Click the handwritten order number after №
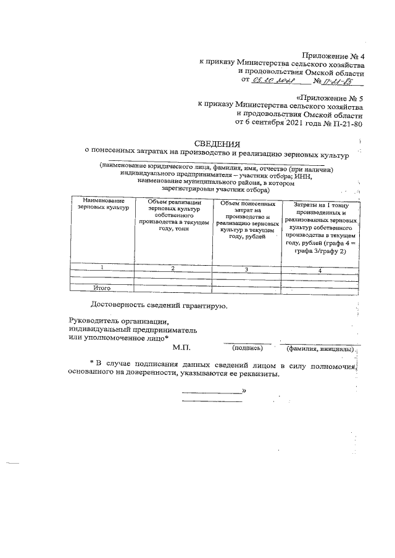pos(341,80)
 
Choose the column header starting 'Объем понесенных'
pos(246,219)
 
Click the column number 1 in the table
pos(102,266)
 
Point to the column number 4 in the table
pos(320,270)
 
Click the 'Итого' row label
pos(101,287)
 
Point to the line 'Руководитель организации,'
pos(118,321)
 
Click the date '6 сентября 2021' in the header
pos(284,123)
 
